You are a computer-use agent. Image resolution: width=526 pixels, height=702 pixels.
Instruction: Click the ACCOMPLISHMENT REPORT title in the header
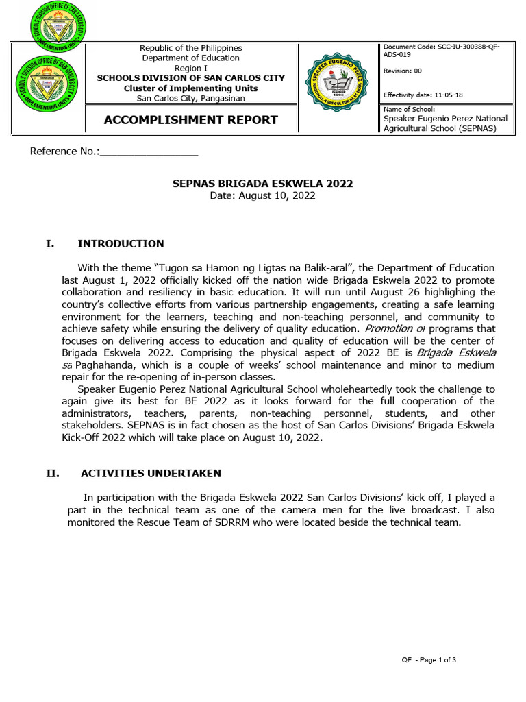click(190, 120)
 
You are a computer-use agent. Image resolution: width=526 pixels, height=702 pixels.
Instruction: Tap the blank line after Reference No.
click(149, 151)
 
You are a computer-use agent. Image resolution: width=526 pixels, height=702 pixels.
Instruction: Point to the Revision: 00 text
click(407, 71)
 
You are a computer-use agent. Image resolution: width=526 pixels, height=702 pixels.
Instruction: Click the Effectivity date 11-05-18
click(427, 95)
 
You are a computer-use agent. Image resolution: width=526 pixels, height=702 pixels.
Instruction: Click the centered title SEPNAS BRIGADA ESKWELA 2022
click(262, 184)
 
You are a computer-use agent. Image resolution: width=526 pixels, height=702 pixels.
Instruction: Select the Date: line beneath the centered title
click(262, 195)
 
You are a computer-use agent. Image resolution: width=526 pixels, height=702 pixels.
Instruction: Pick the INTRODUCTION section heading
click(121, 243)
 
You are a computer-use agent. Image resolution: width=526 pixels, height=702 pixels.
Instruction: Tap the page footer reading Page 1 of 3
click(428, 660)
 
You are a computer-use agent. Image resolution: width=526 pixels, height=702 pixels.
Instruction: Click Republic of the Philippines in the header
click(190, 48)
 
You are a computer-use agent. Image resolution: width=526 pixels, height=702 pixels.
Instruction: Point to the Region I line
click(190, 69)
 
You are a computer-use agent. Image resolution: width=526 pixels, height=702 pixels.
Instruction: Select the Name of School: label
click(409, 109)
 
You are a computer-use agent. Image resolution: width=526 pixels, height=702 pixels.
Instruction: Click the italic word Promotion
click(388, 328)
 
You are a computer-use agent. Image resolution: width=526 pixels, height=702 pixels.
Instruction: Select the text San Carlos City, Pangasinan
click(190, 98)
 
